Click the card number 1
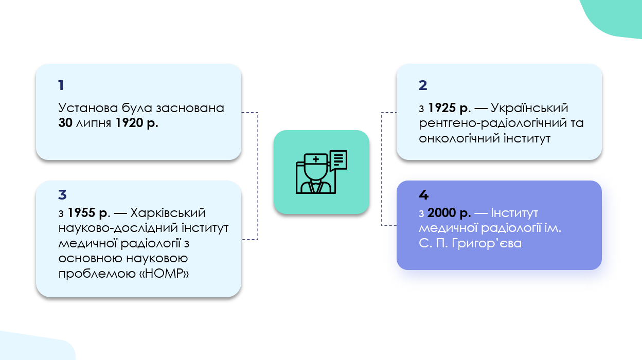[61, 85]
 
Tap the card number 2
[423, 85]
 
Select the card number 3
[62, 194]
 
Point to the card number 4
[423, 195]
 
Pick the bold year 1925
[443, 109]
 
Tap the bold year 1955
[82, 212]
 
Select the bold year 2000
[442, 212]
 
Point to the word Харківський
[168, 212]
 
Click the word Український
[530, 109]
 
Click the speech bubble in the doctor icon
[338, 160]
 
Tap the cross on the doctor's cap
[315, 159]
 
